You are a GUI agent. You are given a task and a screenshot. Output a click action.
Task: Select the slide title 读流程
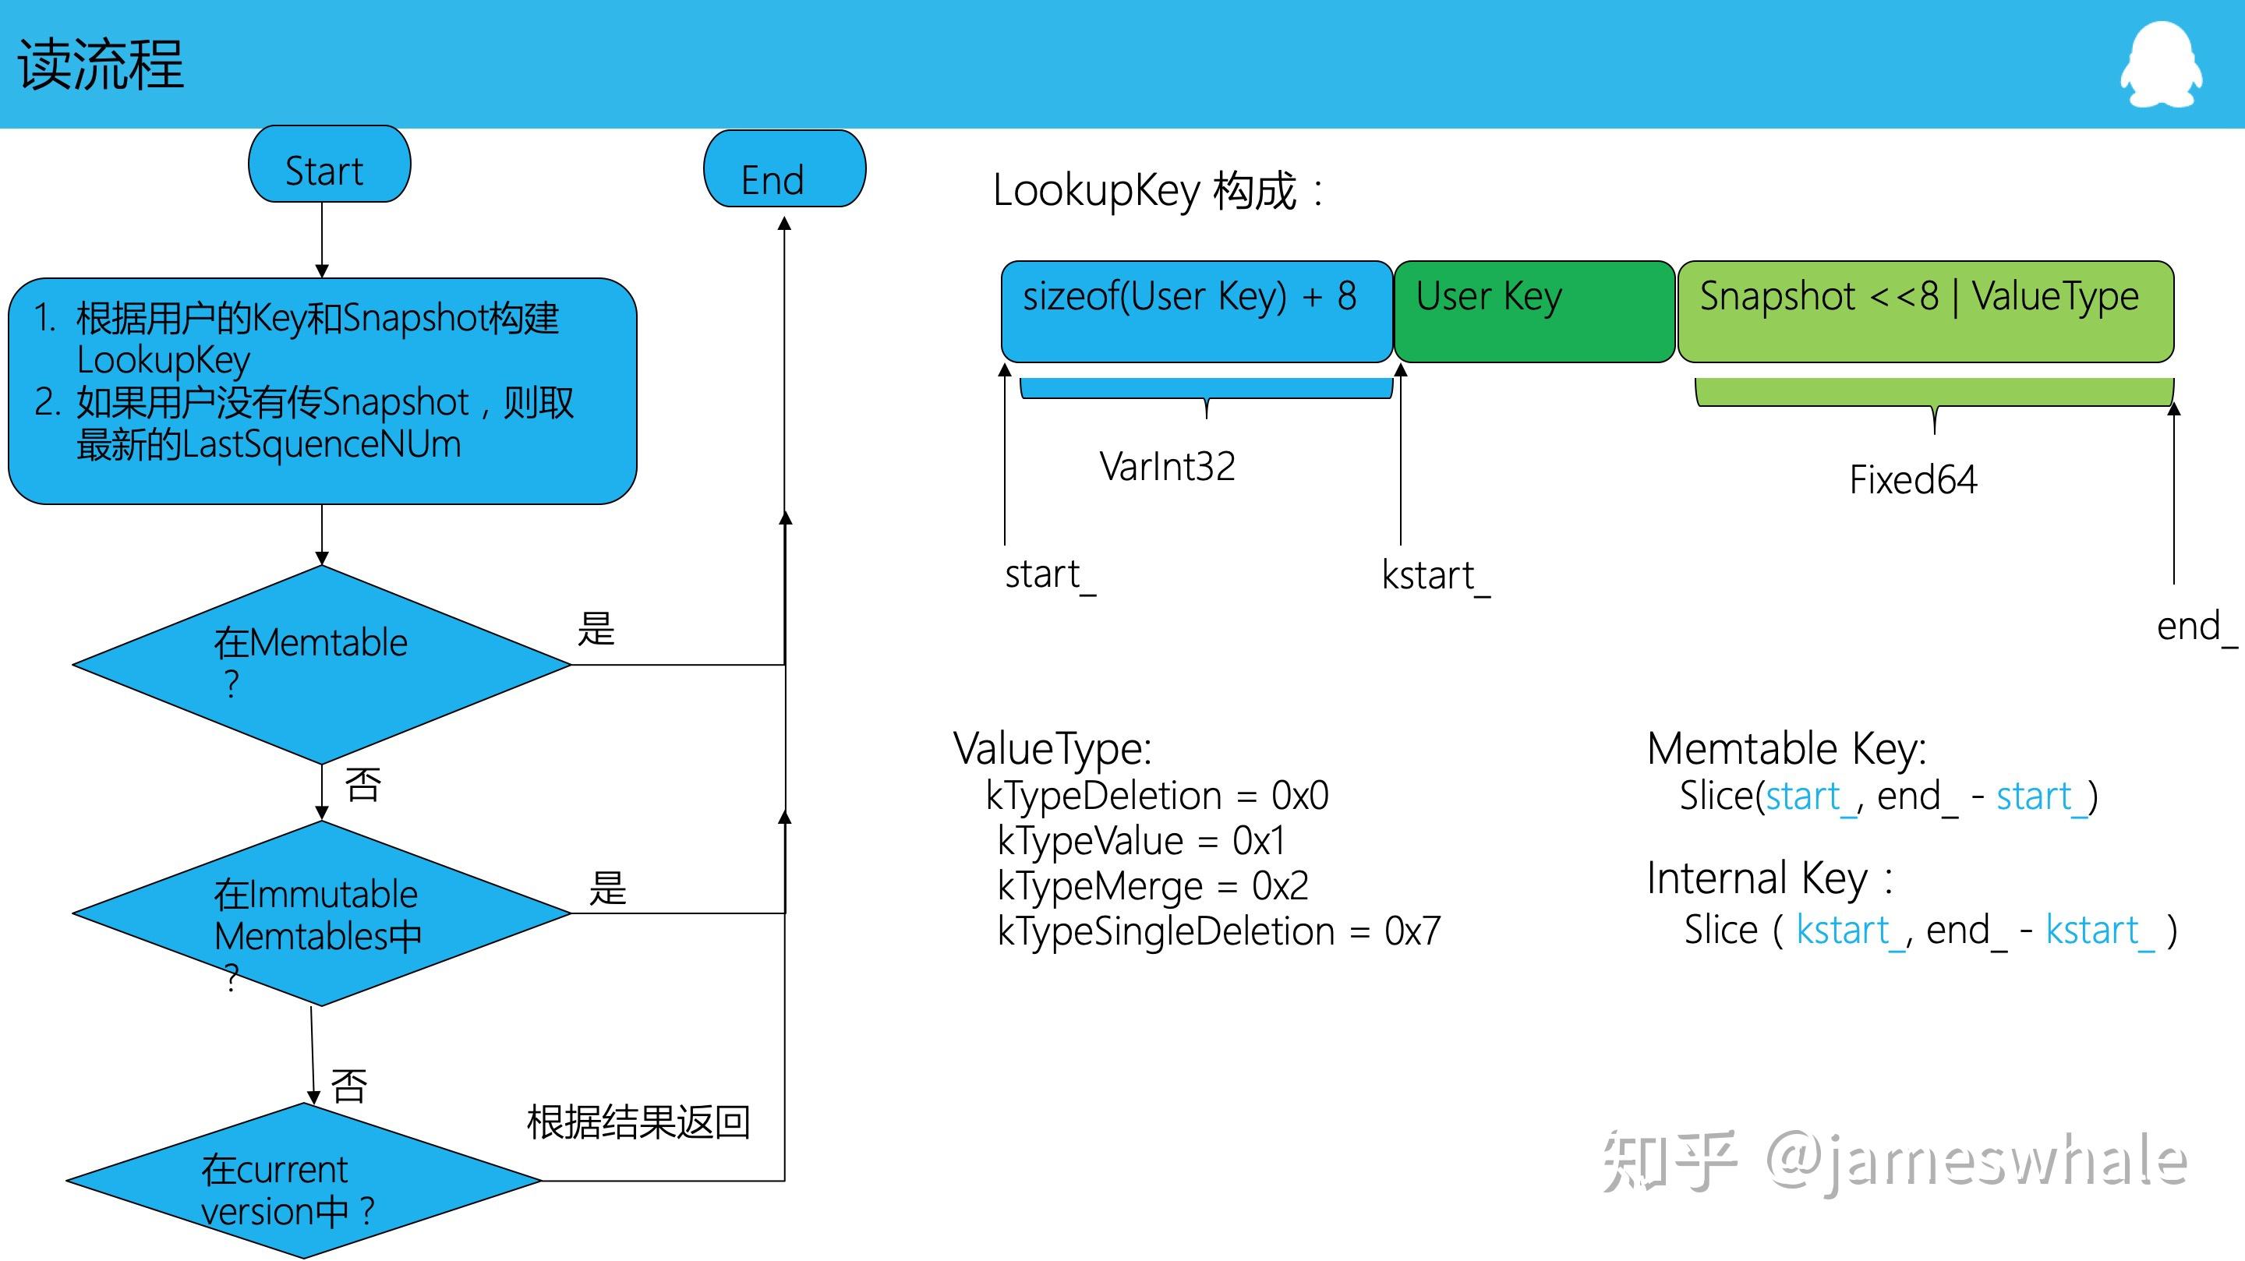[101, 65]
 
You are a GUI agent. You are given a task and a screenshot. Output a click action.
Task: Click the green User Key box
[1533, 311]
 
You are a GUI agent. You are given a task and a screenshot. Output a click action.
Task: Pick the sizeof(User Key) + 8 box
[1196, 311]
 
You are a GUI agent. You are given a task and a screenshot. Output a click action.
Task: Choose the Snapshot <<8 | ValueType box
[1925, 311]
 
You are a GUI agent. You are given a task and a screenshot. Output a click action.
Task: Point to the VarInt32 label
[1166, 466]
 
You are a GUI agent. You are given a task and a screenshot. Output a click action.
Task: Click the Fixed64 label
[1912, 479]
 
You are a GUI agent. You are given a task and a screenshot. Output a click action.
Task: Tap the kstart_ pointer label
[1434, 575]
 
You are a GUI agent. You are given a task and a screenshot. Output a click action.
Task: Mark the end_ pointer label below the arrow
[2194, 627]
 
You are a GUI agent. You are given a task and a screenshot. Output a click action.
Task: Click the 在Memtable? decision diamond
[320, 664]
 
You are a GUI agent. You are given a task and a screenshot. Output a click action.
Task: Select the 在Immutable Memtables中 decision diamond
[320, 913]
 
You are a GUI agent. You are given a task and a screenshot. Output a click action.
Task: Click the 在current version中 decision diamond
[303, 1182]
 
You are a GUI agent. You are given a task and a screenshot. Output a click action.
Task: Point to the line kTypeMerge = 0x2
[1151, 886]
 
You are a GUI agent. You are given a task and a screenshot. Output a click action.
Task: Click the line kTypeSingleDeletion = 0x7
[1218, 931]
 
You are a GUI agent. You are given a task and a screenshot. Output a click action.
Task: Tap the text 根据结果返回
[638, 1121]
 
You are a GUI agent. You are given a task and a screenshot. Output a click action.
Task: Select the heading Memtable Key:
[1786, 747]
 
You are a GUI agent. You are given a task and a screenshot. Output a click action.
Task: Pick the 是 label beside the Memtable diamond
[596, 628]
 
